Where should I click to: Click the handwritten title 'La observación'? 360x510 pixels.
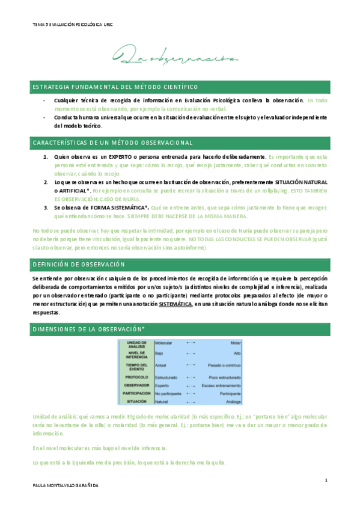(179, 58)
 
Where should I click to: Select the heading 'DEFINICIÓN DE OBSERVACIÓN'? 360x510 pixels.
(78, 265)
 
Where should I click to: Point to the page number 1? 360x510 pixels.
(325, 480)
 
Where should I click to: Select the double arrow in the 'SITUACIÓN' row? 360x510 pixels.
(191, 401)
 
